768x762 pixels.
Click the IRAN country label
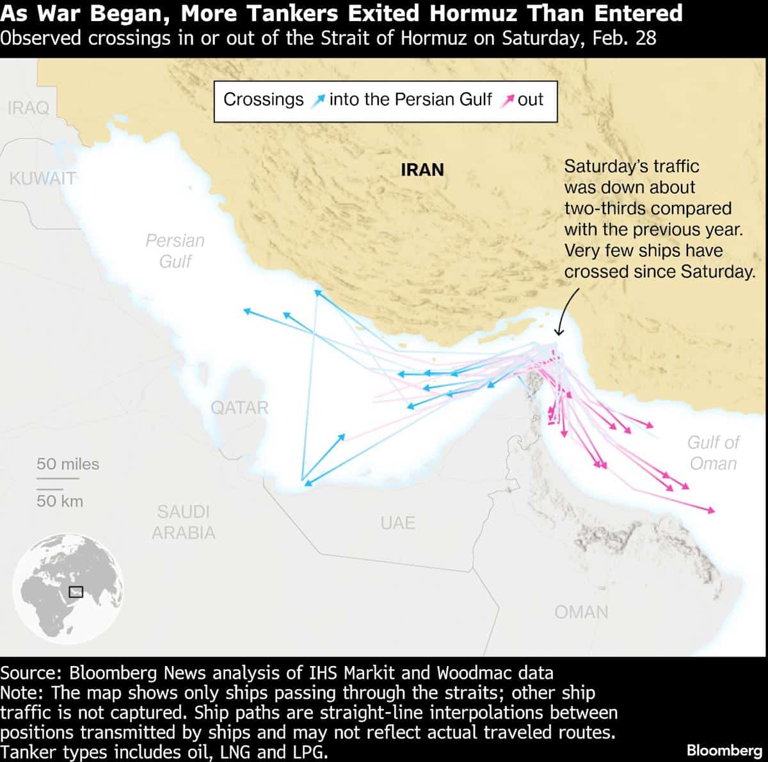click(422, 170)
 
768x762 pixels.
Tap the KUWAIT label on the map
click(42, 178)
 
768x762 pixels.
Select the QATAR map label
click(239, 408)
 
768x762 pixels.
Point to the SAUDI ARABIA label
click(184, 523)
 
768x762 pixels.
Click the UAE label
click(397, 523)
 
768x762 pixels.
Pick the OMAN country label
click(581, 612)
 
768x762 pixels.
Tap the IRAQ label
click(28, 108)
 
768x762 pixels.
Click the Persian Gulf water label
click(175, 250)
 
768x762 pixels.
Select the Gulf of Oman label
click(713, 453)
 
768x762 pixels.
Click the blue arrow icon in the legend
click(317, 101)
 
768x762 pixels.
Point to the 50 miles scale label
click(68, 464)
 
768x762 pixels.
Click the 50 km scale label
click(60, 501)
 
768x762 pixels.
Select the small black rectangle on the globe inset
click(76, 592)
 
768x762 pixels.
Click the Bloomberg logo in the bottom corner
click(724, 750)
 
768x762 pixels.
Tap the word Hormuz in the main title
click(472, 13)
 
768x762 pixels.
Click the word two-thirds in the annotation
click(604, 209)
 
